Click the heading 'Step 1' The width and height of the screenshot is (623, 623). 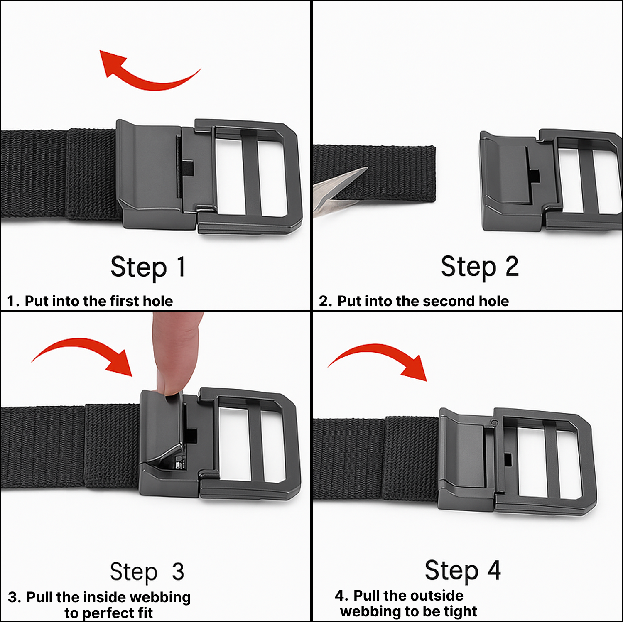147,267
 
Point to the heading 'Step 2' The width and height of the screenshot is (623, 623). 480,267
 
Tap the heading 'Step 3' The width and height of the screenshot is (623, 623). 147,572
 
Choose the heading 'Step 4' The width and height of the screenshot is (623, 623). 462,571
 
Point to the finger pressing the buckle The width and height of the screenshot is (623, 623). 177,353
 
